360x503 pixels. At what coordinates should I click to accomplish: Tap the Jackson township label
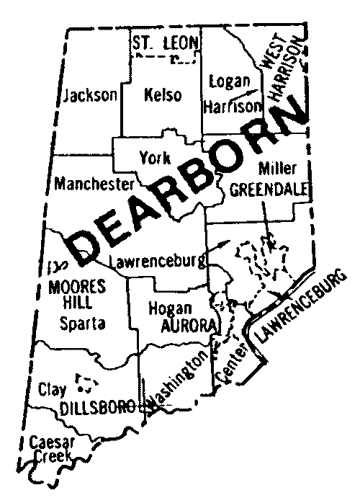point(90,95)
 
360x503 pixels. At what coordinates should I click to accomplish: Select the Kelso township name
point(163,95)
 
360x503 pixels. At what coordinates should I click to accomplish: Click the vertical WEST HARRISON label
point(272,72)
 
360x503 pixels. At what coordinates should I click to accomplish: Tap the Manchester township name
point(94,183)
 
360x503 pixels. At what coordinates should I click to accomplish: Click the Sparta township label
point(82,324)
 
